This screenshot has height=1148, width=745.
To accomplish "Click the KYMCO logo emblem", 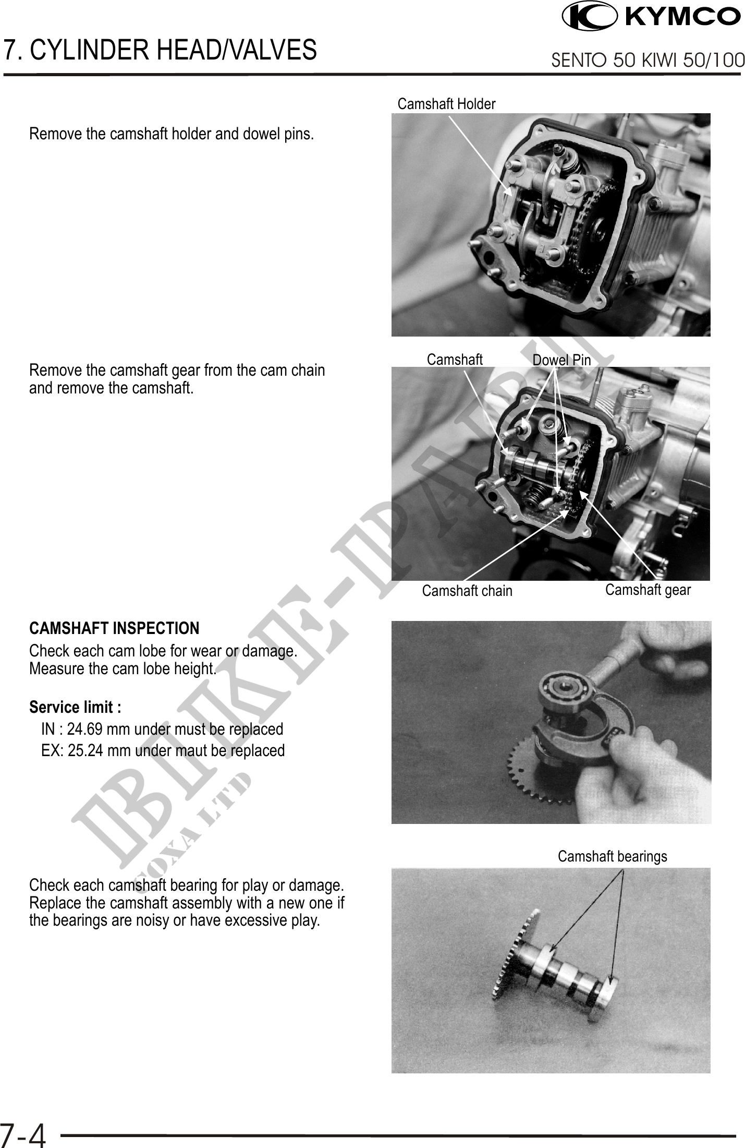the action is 590,16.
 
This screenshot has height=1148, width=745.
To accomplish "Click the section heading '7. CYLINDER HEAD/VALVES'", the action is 160,50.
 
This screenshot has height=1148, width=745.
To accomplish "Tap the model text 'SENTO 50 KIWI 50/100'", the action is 648,61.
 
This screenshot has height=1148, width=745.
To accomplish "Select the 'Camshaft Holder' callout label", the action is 446,104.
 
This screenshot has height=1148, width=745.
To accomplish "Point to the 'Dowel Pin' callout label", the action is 561,360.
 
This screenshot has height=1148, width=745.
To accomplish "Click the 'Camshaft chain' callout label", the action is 467,591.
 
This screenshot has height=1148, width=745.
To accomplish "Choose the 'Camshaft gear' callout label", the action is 648,590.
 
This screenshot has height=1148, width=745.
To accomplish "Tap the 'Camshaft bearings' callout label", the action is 612,856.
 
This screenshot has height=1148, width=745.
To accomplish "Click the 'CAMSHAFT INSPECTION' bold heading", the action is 114,628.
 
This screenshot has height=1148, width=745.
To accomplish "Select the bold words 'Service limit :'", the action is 75,708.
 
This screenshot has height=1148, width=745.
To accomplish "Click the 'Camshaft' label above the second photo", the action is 455,360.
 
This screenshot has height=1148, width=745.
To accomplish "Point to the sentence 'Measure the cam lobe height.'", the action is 123,668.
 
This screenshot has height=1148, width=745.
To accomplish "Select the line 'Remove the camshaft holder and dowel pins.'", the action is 172,134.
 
